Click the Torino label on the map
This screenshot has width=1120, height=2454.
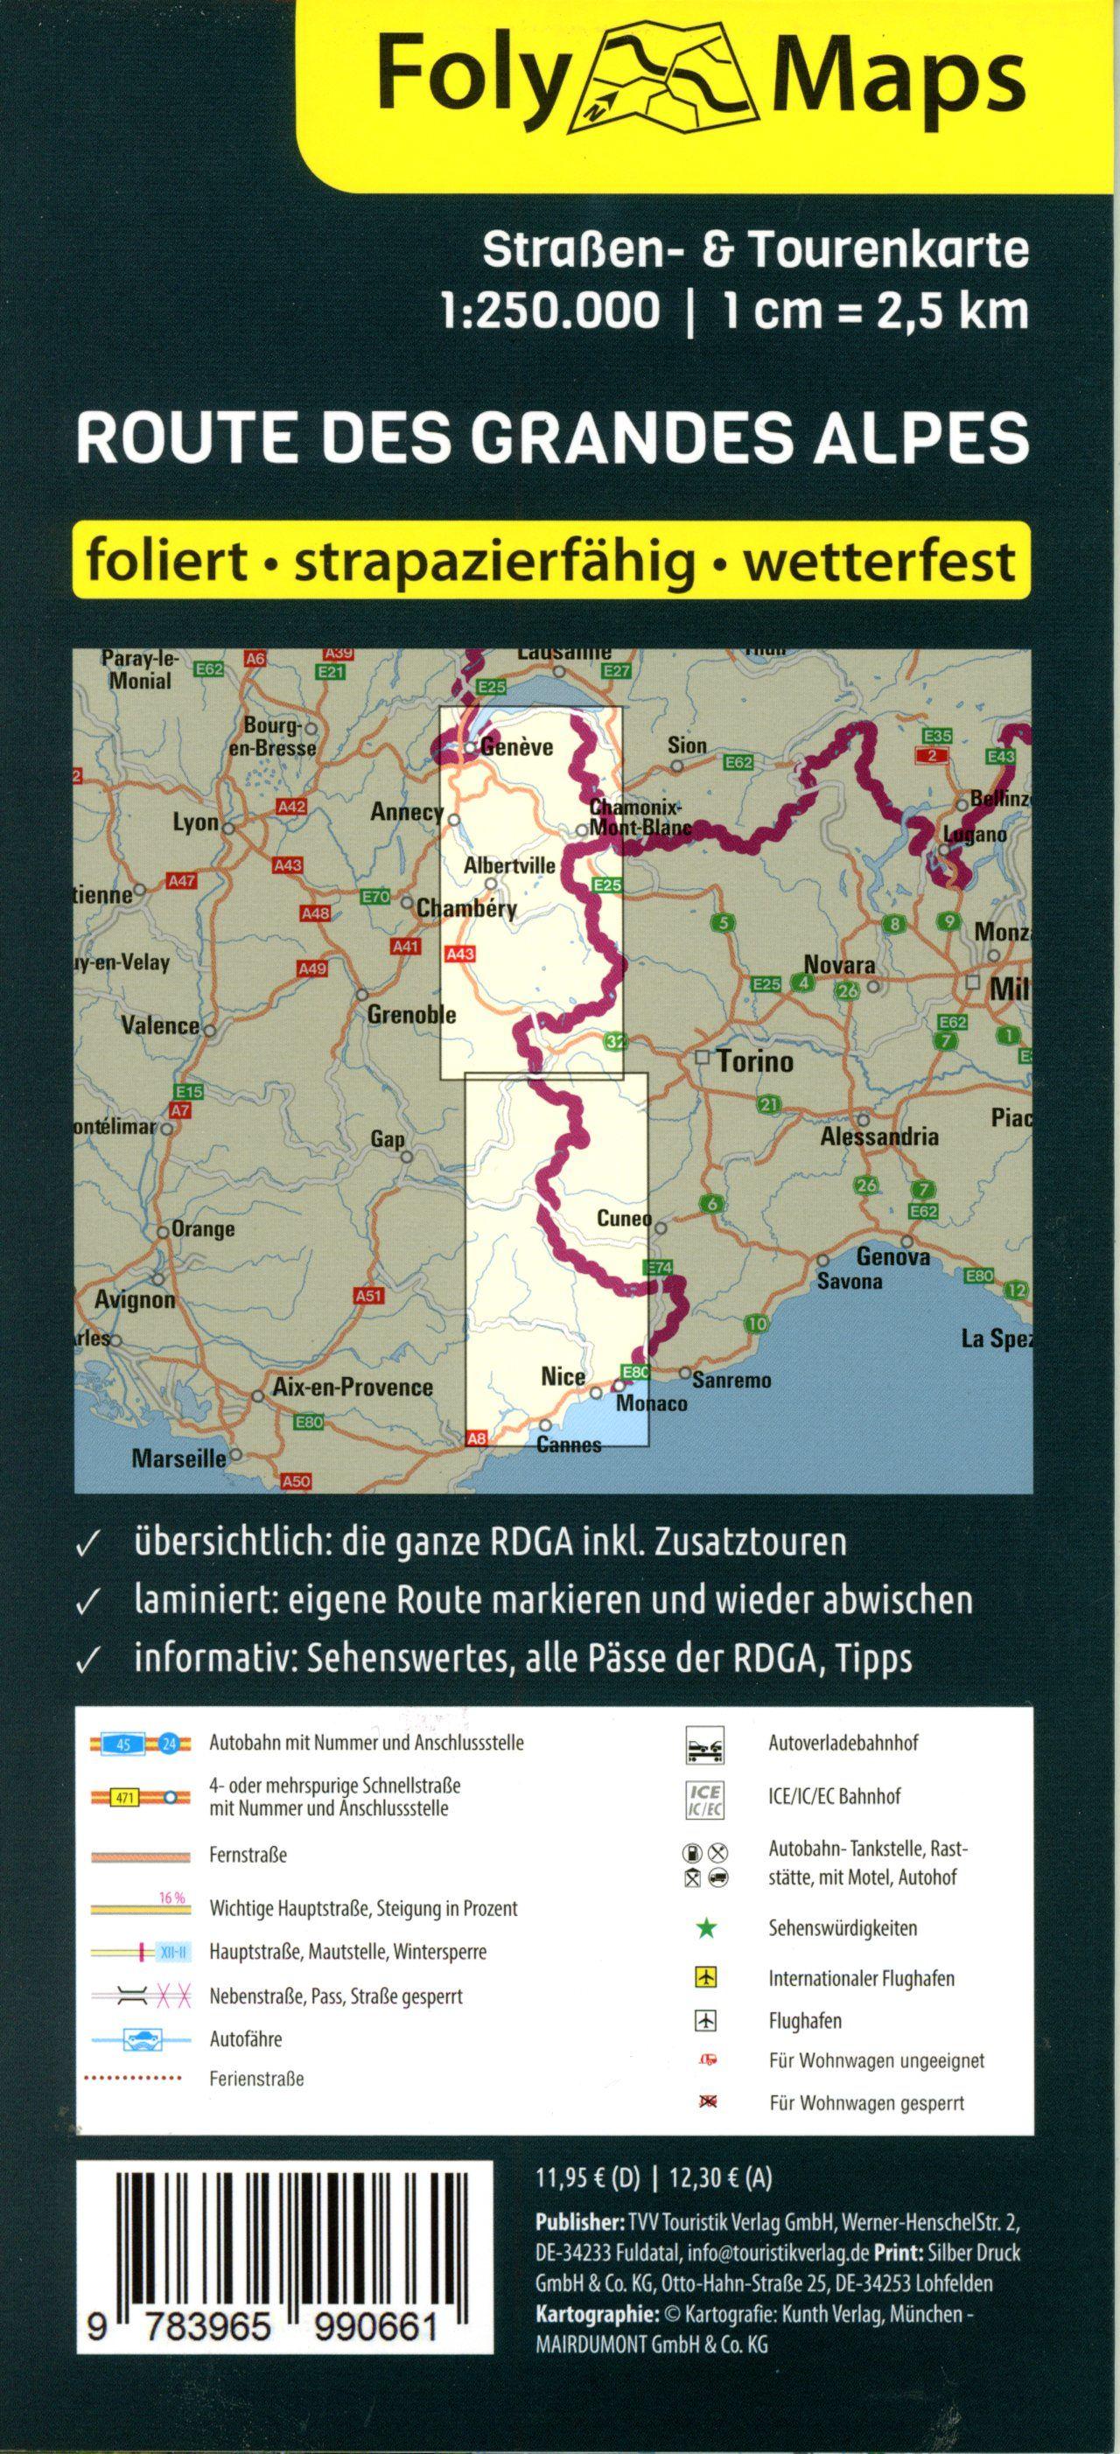click(x=754, y=1060)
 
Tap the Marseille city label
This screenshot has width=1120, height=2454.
click(x=179, y=1458)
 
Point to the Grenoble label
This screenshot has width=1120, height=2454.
click(x=411, y=1016)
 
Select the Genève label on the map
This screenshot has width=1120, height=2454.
click(x=516, y=747)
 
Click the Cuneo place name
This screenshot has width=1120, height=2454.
click(x=624, y=1219)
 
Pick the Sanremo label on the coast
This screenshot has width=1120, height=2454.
click(x=731, y=1380)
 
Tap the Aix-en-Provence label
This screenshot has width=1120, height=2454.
click(x=353, y=1387)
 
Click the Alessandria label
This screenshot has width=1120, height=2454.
click(x=879, y=1136)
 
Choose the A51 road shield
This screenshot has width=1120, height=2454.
click(x=367, y=1296)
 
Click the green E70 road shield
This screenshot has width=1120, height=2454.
click(x=377, y=896)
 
